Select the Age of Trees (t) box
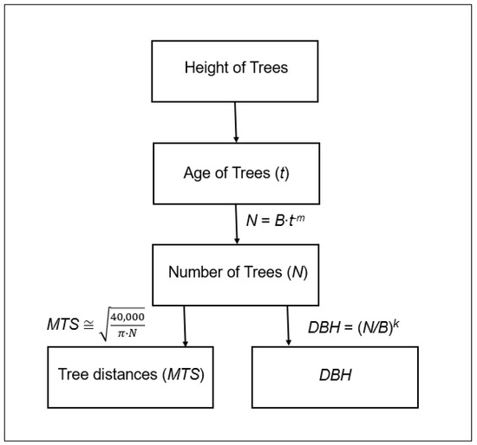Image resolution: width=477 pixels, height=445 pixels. pyautogui.click(x=236, y=171)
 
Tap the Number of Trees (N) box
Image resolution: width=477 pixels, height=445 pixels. pyautogui.click(x=236, y=273)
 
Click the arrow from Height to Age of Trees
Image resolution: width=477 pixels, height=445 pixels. pyautogui.click(x=235, y=121)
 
